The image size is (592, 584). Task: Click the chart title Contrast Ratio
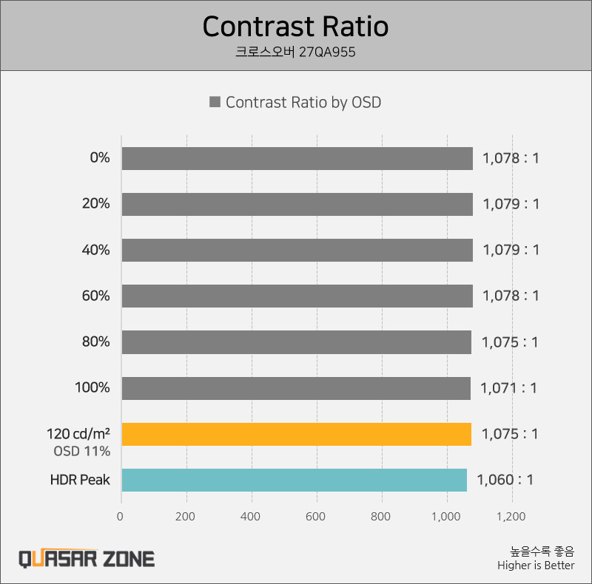coord(295,27)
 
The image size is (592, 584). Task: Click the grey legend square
coord(215,103)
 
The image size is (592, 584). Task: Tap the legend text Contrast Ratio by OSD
coord(303,103)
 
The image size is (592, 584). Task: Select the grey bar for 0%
coord(297,158)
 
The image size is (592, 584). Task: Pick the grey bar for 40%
coord(297,250)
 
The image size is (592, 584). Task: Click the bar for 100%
coord(295,388)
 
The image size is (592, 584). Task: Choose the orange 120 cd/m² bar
coord(296,434)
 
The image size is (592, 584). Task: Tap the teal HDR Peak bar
coord(294,480)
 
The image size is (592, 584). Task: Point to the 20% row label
coord(95,204)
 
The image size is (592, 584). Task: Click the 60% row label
coord(95,296)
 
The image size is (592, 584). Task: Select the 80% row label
coord(95,342)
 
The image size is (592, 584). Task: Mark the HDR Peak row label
coord(80,480)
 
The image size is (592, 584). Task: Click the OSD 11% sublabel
coord(81,451)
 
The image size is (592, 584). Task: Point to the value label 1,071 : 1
coord(508,388)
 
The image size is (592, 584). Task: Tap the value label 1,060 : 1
coord(505,480)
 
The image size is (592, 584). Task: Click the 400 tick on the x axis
coord(252,517)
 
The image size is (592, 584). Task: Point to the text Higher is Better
coord(536,566)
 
